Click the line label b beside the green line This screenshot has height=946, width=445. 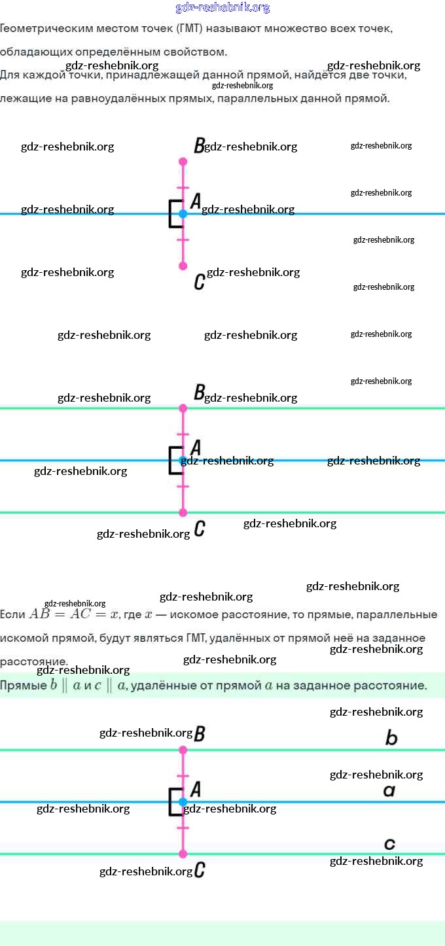point(391,739)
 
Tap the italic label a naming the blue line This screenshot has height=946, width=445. point(389,791)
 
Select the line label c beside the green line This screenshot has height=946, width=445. point(389,844)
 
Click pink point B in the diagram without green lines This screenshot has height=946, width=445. point(183,161)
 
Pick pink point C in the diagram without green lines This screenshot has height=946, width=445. point(183,266)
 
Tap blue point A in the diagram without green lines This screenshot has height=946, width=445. point(183,213)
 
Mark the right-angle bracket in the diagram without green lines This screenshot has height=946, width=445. point(175,214)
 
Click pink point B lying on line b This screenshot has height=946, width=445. point(183,750)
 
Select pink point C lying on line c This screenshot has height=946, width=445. point(183,854)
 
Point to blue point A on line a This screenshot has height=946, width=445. point(183,801)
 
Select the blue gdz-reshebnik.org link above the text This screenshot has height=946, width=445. point(222,8)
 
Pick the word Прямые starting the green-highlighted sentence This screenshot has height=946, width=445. point(23,686)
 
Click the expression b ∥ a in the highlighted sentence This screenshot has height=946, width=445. point(65,686)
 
